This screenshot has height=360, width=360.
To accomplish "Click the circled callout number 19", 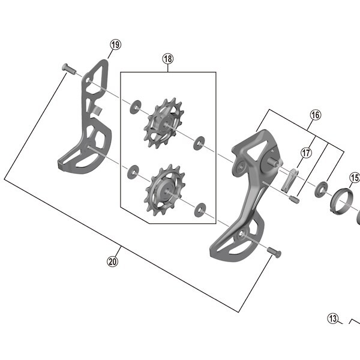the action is pyautogui.click(x=115, y=44).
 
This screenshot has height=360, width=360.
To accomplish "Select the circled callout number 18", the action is pyautogui.click(x=168, y=59).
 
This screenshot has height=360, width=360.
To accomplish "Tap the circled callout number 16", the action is pyautogui.click(x=316, y=115).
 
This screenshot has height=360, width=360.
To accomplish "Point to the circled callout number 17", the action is pyautogui.click(x=306, y=152).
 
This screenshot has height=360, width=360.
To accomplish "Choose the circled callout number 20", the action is pyautogui.click(x=113, y=262).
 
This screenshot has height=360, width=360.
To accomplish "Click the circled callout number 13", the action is pyautogui.click(x=333, y=319).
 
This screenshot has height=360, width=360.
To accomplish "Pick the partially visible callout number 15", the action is pyautogui.click(x=355, y=178).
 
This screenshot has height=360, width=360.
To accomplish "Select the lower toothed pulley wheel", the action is pyautogui.click(x=164, y=190).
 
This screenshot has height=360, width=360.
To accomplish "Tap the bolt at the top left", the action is pyautogui.click(x=69, y=69).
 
